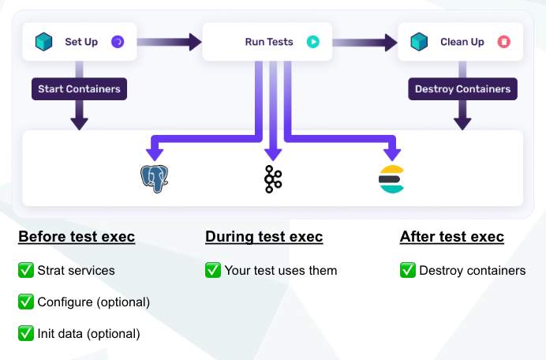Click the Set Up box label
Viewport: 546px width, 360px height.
click(x=81, y=42)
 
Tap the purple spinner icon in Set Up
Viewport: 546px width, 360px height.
click(x=118, y=42)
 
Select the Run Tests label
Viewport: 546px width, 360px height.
click(x=267, y=42)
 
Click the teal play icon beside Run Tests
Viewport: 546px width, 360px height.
click(x=312, y=42)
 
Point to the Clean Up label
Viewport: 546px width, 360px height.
click(x=462, y=42)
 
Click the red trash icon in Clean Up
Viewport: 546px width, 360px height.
click(x=503, y=42)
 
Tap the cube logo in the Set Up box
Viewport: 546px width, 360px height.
click(x=44, y=42)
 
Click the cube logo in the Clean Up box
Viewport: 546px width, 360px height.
click(x=420, y=42)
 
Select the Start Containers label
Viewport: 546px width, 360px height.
click(x=79, y=89)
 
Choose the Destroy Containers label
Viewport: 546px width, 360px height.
click(x=462, y=89)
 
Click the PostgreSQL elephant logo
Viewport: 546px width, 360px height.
click(x=154, y=179)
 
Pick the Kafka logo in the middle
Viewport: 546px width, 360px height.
click(x=272, y=179)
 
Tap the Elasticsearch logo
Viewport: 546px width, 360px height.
click(x=391, y=179)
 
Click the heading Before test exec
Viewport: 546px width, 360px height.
click(x=77, y=237)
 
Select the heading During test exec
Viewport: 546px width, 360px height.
click(x=264, y=237)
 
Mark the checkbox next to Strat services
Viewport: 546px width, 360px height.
click(x=26, y=271)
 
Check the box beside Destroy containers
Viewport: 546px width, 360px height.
click(x=408, y=271)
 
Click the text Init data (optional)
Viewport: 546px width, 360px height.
click(x=88, y=334)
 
